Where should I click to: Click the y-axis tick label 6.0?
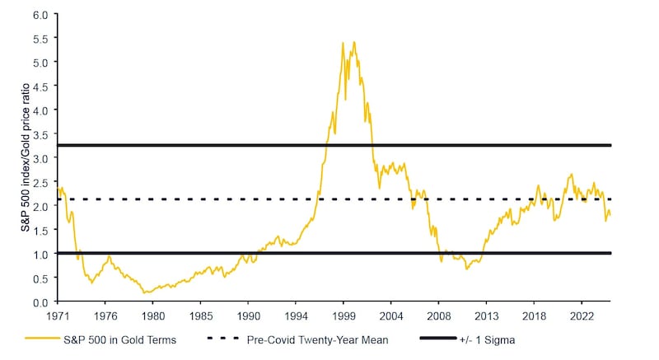point(40,14)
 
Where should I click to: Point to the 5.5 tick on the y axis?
point(40,38)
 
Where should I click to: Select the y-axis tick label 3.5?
point(40,133)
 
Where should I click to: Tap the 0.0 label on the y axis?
point(40,302)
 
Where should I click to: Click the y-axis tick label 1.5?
point(40,230)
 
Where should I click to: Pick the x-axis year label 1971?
point(58,315)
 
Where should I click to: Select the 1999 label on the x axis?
point(344,315)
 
